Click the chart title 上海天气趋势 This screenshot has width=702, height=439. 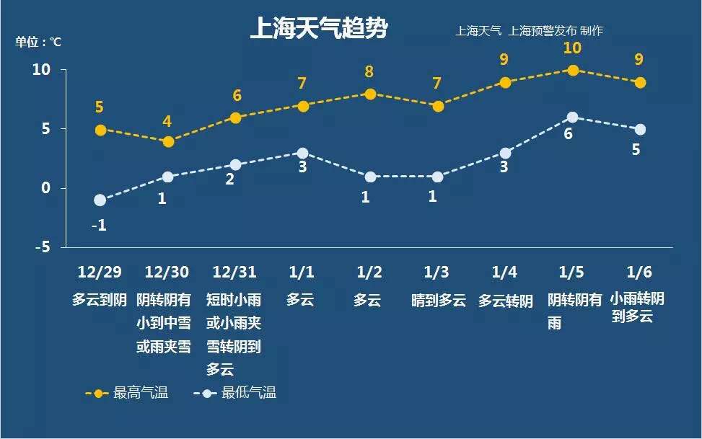click(x=318, y=28)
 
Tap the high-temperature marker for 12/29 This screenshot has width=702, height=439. click(x=100, y=130)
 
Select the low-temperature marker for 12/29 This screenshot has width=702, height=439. click(x=100, y=200)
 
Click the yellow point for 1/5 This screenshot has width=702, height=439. click(x=573, y=70)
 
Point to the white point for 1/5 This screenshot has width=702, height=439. click(x=572, y=117)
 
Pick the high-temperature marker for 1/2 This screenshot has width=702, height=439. click(x=370, y=94)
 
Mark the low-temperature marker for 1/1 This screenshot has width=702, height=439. click(x=303, y=153)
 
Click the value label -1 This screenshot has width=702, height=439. click(x=99, y=225)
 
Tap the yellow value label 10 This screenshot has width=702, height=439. click(x=572, y=48)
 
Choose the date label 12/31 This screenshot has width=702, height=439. click(x=234, y=272)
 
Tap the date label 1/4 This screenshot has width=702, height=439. click(x=504, y=272)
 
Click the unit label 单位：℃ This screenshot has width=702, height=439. click(x=39, y=42)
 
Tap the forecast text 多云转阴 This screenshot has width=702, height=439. click(x=505, y=300)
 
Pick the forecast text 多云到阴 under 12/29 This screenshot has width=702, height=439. click(x=100, y=300)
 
